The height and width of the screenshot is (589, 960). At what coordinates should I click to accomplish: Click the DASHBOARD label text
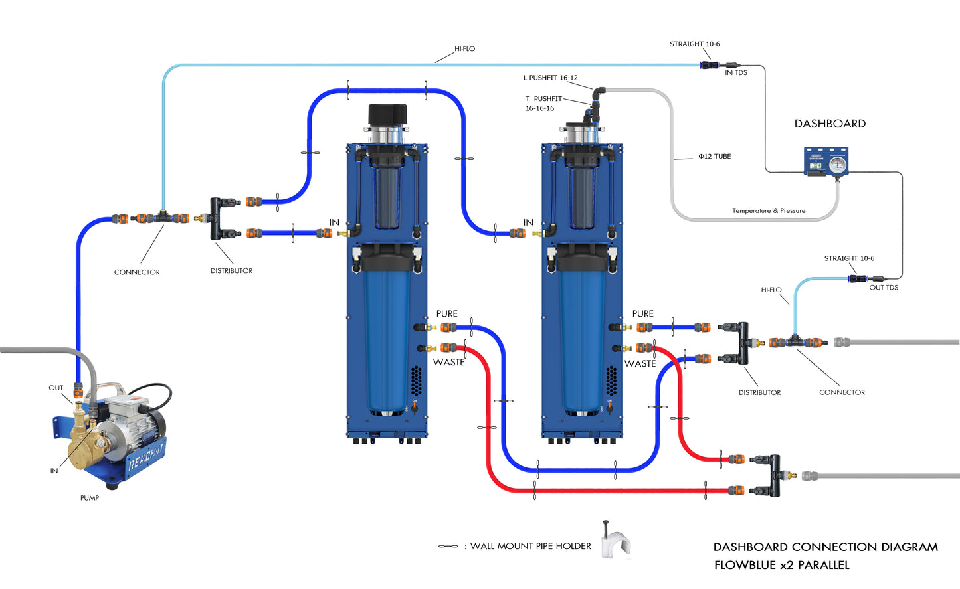(830, 124)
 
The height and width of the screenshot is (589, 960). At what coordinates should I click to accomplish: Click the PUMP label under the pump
(90, 498)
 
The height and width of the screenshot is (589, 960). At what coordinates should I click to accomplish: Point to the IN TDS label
(736, 73)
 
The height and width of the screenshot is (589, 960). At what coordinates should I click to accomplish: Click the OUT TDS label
(884, 288)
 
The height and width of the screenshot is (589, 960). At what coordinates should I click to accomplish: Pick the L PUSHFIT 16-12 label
(550, 78)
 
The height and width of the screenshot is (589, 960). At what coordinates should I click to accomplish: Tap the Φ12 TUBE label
(714, 157)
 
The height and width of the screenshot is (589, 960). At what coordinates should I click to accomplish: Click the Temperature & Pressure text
(769, 211)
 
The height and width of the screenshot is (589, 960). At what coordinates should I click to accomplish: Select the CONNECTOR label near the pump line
(137, 272)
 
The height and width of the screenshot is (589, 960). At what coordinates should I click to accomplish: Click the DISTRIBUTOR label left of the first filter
(231, 271)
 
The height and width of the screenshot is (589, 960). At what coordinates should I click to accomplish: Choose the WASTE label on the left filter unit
(449, 363)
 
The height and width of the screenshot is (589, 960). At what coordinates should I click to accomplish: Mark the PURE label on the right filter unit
(642, 314)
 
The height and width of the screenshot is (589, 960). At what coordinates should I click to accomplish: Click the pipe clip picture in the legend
(616, 541)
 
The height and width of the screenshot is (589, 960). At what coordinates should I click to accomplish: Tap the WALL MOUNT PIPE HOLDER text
(530, 547)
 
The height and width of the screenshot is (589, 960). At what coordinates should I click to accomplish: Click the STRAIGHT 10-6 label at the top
(694, 44)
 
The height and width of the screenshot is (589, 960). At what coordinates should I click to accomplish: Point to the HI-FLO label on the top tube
(464, 49)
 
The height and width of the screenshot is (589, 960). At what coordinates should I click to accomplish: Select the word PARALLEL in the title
(823, 566)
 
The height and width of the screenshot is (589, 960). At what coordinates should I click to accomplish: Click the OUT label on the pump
(56, 388)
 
